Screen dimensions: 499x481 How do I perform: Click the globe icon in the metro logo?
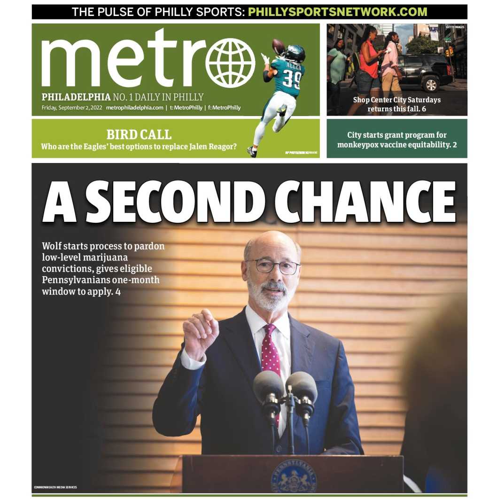pyautogui.click(x=230, y=63)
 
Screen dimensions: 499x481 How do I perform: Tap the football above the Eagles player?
pyautogui.click(x=278, y=47)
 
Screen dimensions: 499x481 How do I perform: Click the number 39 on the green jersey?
pyautogui.click(x=292, y=79)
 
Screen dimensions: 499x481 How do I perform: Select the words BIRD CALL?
pyautogui.click(x=139, y=134)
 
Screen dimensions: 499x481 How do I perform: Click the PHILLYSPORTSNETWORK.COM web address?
pyautogui.click(x=337, y=12)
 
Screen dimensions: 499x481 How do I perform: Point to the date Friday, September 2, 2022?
pyautogui.click(x=72, y=108)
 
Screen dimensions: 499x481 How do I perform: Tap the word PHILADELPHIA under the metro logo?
pyautogui.click(x=76, y=97)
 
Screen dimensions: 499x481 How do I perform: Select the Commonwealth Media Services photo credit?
pyautogui.click(x=55, y=487)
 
